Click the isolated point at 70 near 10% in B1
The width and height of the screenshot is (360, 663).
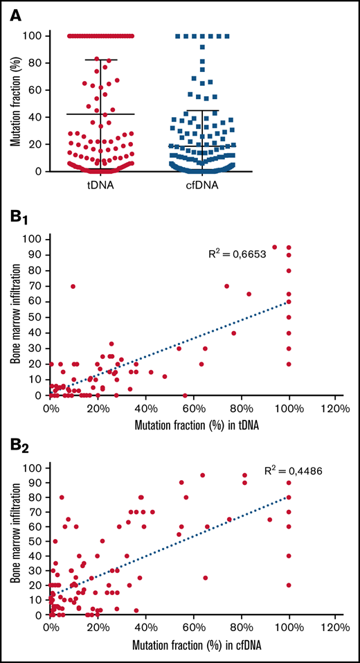(x=73, y=285)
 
